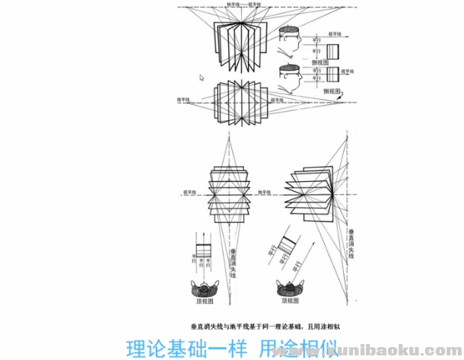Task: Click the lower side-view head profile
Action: click(289, 78)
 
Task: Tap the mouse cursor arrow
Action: click(202, 77)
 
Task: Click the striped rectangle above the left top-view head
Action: click(203, 250)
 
